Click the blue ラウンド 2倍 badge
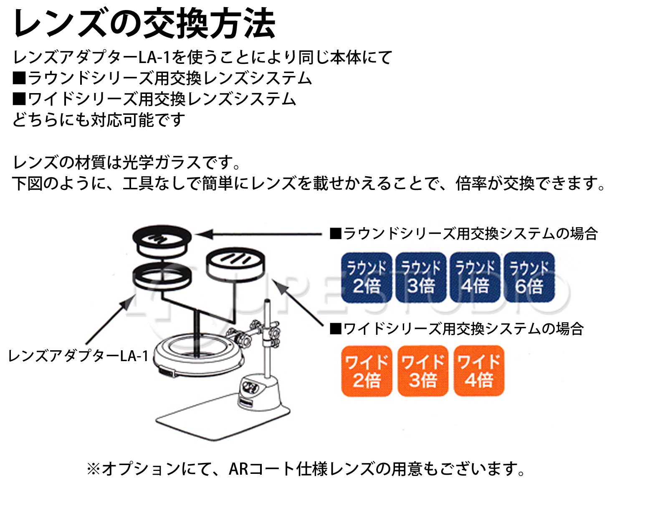[367, 277]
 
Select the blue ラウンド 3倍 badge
[421, 277]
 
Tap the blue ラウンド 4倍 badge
[475, 277]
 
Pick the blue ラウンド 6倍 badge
[529, 277]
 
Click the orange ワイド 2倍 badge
[367, 371]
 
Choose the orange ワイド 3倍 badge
[423, 371]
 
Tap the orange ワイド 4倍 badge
[479, 371]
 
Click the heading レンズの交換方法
[144, 23]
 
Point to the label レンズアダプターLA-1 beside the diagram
[78, 356]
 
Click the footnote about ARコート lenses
[306, 469]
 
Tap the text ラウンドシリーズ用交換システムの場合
[464, 233]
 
